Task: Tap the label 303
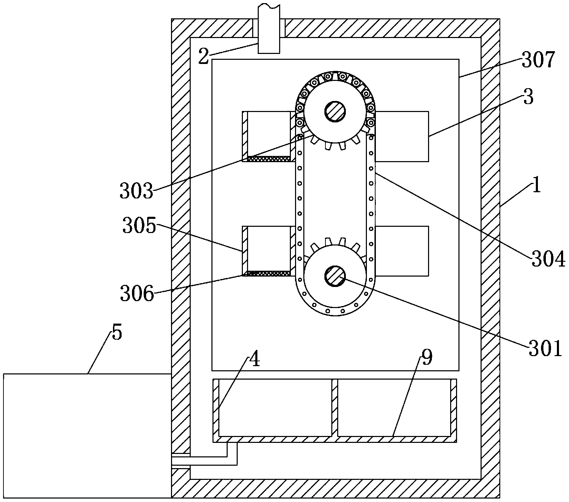(136, 191)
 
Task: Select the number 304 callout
(548, 260)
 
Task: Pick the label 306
(136, 294)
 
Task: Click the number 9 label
(427, 358)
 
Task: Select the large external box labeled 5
(86, 436)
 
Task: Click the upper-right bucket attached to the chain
(402, 136)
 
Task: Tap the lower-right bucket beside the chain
(402, 251)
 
